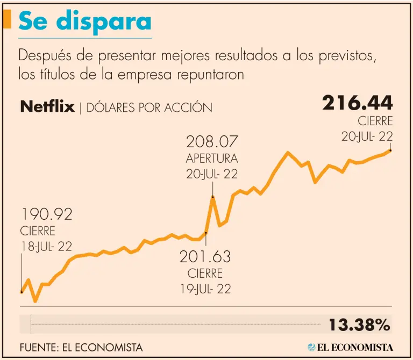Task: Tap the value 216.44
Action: pyautogui.click(x=357, y=103)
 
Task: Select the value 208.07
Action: pyautogui.click(x=212, y=142)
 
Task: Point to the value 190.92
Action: pyautogui.click(x=46, y=215)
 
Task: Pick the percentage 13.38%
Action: pyautogui.click(x=359, y=325)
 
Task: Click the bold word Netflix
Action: pyautogui.click(x=47, y=106)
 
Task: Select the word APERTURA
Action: pyautogui.click(x=212, y=159)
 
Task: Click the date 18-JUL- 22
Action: pyautogui.click(x=46, y=247)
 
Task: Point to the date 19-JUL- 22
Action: pyautogui.click(x=205, y=289)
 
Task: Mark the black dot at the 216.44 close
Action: pyautogui.click(x=390, y=150)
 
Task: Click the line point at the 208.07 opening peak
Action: pyautogui.click(x=213, y=197)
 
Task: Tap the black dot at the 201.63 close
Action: pyautogui.click(x=206, y=233)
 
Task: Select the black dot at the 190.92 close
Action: pyautogui.click(x=22, y=292)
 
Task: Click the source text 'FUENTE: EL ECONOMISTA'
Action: pyautogui.click(x=81, y=348)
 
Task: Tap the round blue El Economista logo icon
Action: pyautogui.click(x=312, y=347)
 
